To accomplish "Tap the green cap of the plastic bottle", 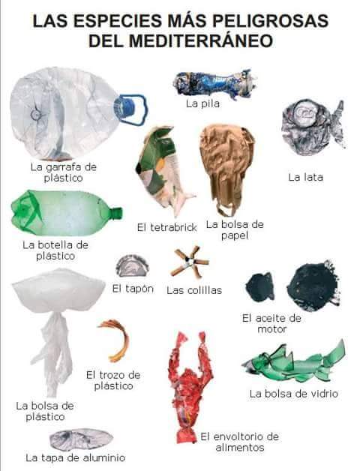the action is (116, 213).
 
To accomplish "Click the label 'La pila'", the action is (202, 104).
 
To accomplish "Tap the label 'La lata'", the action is (305, 177).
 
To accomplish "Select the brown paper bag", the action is (226, 169).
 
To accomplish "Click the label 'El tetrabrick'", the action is (167, 227).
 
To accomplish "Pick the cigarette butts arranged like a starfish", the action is (190, 262).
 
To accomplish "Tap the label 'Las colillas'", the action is (194, 290).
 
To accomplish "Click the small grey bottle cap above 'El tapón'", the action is (132, 266).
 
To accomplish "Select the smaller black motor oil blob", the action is (260, 287).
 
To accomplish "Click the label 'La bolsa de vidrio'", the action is (294, 394).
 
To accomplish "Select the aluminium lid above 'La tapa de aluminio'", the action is (81, 439).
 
